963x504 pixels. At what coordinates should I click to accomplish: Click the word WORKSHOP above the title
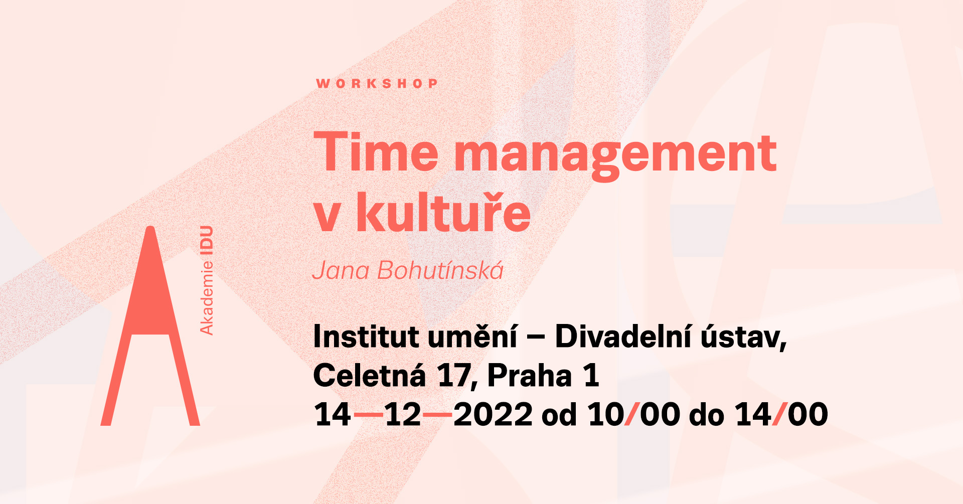point(377,83)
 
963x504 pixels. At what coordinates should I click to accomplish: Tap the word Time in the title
point(376,151)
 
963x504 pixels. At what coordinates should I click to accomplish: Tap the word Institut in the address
point(366,337)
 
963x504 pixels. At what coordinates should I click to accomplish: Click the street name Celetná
point(369,375)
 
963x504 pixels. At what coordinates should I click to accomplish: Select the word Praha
point(530,376)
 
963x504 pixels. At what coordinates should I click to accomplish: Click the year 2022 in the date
point(493,415)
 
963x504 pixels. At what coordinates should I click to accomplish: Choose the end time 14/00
point(781,415)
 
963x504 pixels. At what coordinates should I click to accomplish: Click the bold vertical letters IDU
point(207,241)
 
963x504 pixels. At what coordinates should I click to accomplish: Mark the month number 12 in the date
point(403,415)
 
